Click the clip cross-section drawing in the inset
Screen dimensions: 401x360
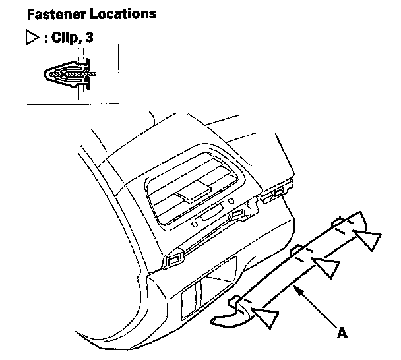tap(70, 73)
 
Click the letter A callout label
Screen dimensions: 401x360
tap(341, 334)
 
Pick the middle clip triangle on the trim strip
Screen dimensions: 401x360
tap(324, 267)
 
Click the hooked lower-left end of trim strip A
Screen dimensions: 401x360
tap(224, 320)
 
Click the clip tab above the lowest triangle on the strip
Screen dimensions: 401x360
tap(235, 302)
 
